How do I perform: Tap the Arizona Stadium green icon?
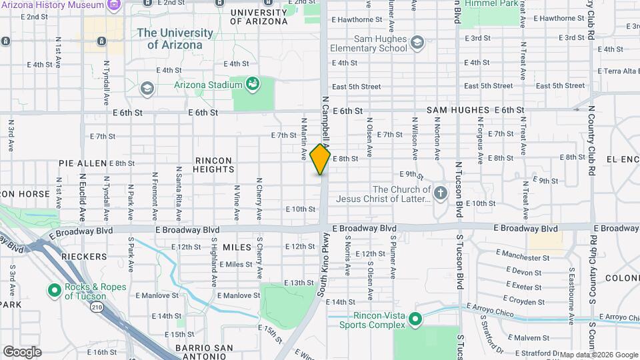coord(253,84)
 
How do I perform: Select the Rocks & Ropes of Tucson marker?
coord(54,291)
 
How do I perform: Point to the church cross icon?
coord(439,193)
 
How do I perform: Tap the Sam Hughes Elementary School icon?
coord(417,43)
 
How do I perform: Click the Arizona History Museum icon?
coord(113,5)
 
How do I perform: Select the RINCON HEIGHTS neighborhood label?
coord(213,165)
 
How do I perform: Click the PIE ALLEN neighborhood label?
coord(83,163)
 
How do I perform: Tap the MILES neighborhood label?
coord(237,247)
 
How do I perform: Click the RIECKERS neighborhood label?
coord(84,257)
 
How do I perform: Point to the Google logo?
coord(22,351)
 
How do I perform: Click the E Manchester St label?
coord(523,257)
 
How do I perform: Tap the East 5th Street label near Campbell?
coord(356,87)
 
